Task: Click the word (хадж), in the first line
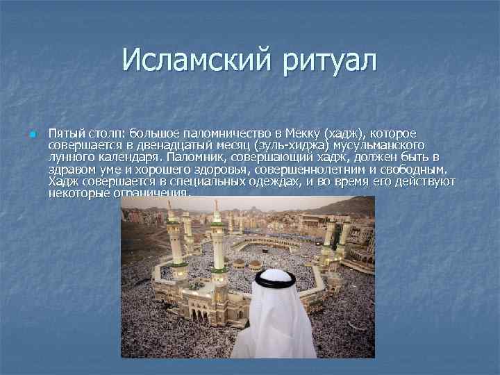point(345,133)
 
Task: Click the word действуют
point(424,181)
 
